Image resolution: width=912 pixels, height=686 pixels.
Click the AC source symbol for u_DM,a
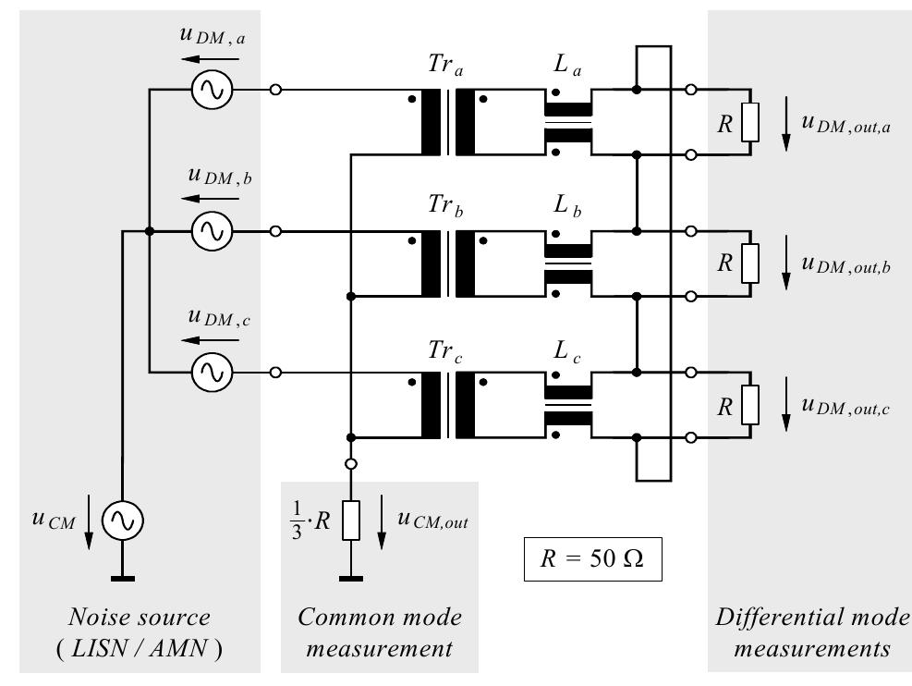[x=212, y=91]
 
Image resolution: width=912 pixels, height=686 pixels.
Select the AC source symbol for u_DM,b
[x=212, y=231]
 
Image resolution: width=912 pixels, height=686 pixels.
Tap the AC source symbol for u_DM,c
[x=212, y=372]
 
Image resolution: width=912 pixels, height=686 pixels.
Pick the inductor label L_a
[x=566, y=67]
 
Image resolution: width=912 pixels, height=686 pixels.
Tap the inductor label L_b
[x=566, y=208]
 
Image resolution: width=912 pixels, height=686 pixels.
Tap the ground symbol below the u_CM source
[x=120, y=579]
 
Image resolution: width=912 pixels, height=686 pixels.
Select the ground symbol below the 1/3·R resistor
[x=350, y=579]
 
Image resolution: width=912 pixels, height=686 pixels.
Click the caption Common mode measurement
[x=379, y=632]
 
